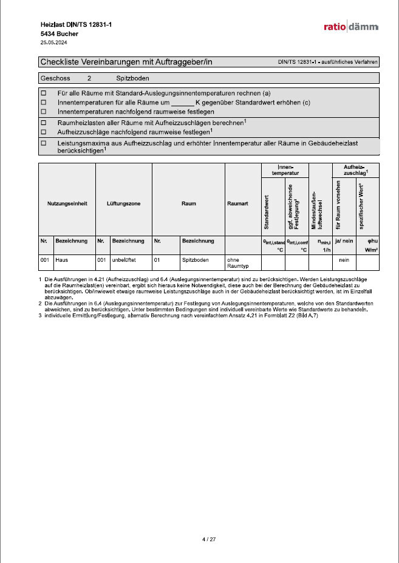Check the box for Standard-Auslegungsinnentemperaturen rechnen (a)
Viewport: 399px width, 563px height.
coord(43,94)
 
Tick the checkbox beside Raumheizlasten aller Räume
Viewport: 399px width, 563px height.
coord(43,122)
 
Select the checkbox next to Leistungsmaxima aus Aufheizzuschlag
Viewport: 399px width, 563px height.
coord(43,143)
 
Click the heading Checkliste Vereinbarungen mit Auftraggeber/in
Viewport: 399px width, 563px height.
coord(126,62)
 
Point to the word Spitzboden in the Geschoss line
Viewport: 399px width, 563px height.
coord(132,78)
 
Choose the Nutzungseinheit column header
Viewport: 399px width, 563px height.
coord(67,203)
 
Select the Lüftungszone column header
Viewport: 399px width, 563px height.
coord(123,203)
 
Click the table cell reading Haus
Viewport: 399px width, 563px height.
coord(61,259)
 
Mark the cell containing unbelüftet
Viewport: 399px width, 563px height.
coord(123,259)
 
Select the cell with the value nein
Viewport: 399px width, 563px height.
coord(344,259)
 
